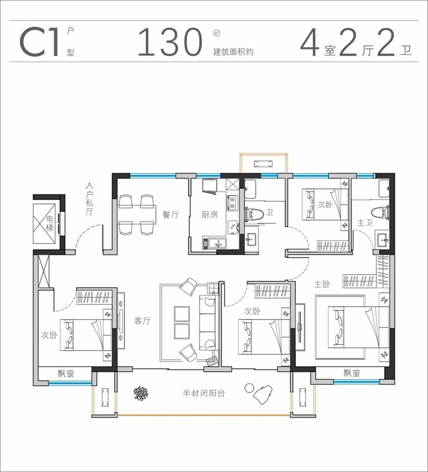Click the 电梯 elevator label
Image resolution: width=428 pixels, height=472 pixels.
(50, 223)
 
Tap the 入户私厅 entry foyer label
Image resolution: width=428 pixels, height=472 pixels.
(89, 199)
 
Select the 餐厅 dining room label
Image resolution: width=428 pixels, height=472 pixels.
(171, 215)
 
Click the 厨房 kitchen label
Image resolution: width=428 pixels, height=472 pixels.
(210, 215)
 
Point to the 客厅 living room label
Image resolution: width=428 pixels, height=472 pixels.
(142, 321)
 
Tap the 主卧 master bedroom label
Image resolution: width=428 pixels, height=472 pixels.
(322, 284)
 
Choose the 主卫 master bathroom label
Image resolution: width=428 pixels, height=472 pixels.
(365, 223)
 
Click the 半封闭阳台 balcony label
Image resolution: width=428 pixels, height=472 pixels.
(204, 393)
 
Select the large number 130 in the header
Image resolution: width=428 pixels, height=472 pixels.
(170, 42)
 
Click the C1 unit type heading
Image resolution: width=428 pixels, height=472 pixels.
(39, 42)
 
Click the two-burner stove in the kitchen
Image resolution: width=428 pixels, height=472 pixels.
(232, 203)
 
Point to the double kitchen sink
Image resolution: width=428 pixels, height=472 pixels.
(215, 242)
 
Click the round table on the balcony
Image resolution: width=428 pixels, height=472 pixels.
(249, 389)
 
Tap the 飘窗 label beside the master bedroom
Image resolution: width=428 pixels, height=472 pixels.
(351, 374)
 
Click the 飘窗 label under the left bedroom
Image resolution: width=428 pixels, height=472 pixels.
(66, 374)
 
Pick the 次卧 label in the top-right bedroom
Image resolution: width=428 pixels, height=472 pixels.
(325, 204)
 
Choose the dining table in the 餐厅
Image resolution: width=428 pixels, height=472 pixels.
(137, 214)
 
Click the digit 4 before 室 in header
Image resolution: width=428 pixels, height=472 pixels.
(310, 42)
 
